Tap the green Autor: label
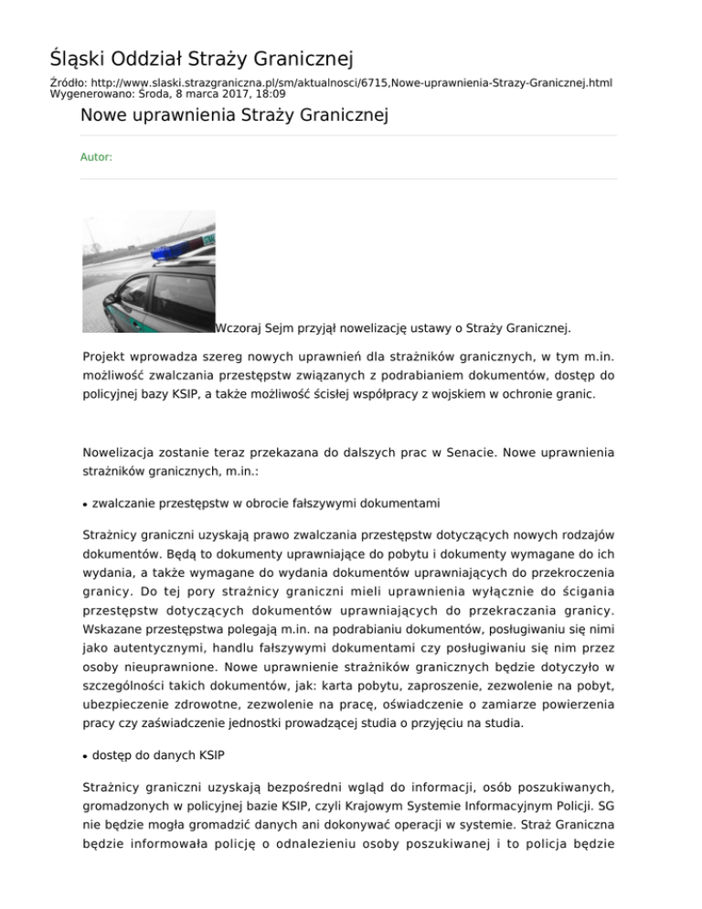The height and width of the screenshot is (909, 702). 96,157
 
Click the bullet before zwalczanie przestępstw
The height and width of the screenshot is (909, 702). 85,505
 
